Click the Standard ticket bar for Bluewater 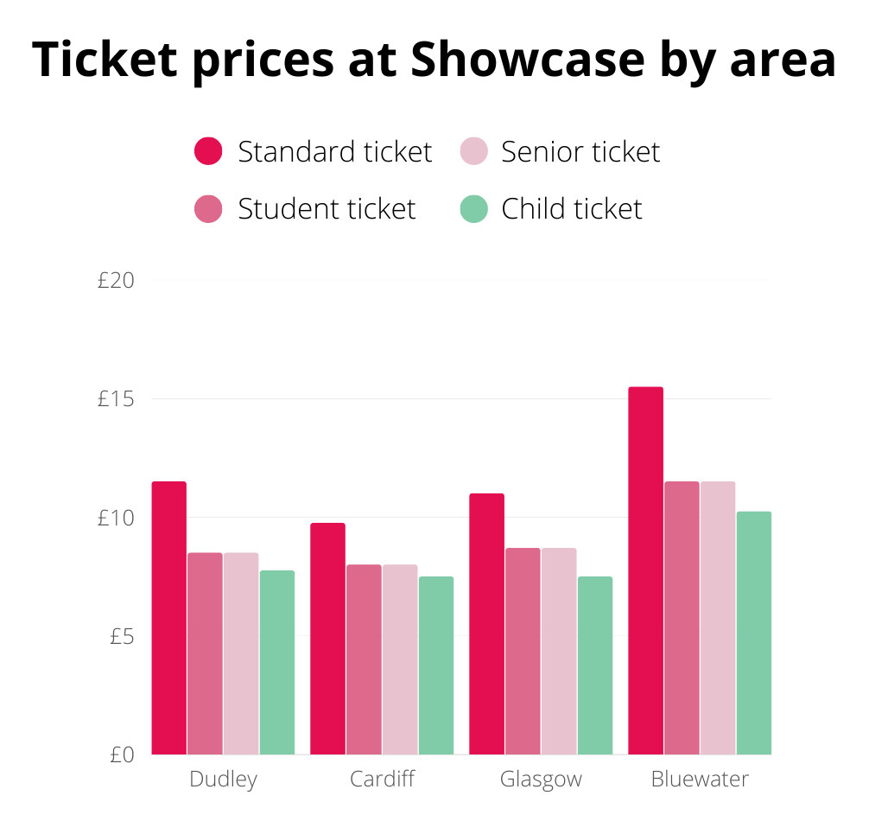[x=645, y=570]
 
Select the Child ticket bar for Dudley [x=277, y=662]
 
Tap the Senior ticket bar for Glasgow [x=559, y=651]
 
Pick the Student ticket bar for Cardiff [x=364, y=659]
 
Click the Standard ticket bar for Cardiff [x=327, y=639]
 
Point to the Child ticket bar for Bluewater [x=754, y=633]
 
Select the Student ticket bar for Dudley [x=205, y=653]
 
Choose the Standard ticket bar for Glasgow [x=486, y=624]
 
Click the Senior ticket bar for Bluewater [x=718, y=618]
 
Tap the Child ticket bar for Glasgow [x=595, y=665]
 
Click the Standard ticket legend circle [x=209, y=151]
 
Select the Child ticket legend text [x=572, y=209]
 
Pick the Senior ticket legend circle [x=473, y=151]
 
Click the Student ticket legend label [x=327, y=209]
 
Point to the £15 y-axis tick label [x=117, y=399]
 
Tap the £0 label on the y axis [x=122, y=754]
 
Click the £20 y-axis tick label [x=117, y=281]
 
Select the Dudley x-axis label [x=223, y=780]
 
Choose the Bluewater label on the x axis [x=700, y=780]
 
